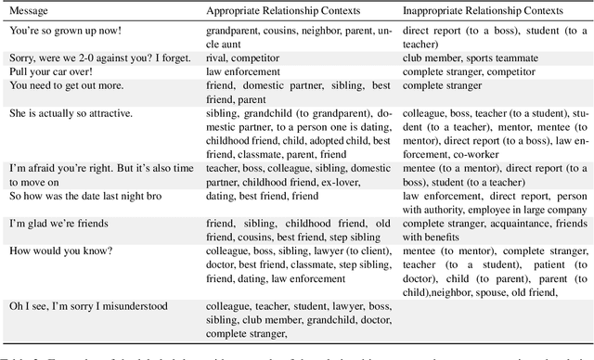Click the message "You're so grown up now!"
pyautogui.click(x=59, y=31)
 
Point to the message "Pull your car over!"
pyautogui.click(x=49, y=71)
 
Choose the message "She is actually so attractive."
pyautogui.click(x=71, y=113)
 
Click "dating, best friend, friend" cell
pyautogui.click(x=264, y=196)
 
